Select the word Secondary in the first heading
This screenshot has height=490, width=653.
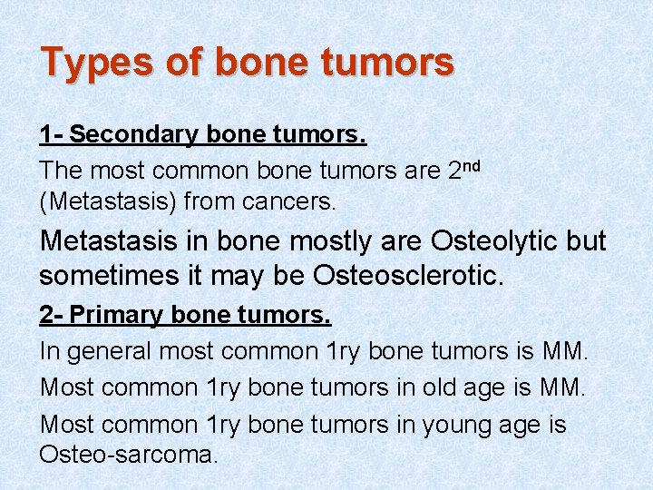coord(135,135)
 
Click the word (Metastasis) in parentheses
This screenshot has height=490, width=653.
coord(108,201)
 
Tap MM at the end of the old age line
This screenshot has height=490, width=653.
coord(565,387)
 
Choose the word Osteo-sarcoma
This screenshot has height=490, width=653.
coord(128,454)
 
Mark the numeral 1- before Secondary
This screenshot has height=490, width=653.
coord(52,135)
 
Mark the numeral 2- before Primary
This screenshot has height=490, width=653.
coord(52,315)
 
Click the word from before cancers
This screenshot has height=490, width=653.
coord(205,201)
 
